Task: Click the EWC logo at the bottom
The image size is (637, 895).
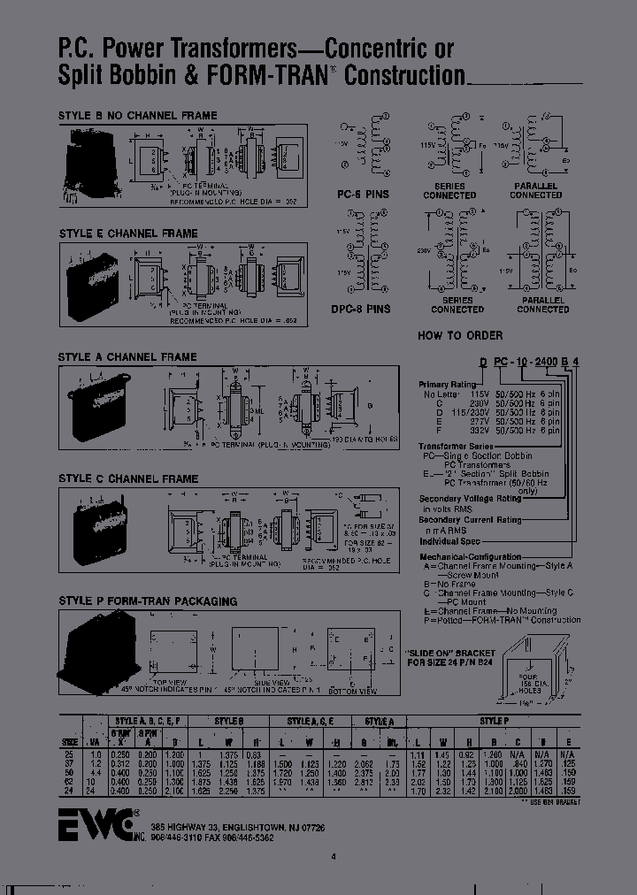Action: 96,823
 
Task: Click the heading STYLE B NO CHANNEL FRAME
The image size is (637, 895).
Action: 137,116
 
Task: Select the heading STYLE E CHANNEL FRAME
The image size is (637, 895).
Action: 127,233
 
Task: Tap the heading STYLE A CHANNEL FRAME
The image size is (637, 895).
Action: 127,357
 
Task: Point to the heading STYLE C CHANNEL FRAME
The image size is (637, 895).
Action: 128,478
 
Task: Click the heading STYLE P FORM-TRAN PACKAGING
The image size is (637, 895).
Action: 148,601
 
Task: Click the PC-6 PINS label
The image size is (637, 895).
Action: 363,193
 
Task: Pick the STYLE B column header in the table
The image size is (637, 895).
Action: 226,721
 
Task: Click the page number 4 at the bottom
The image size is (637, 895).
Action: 334,855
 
